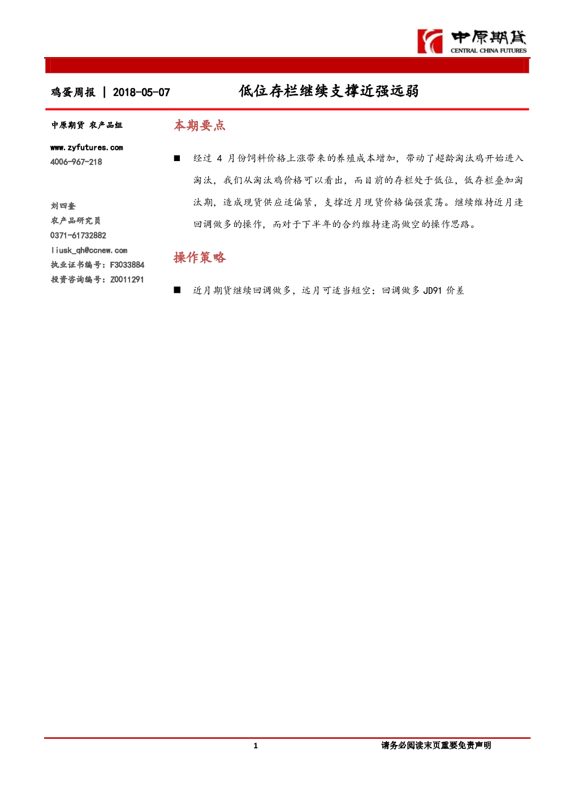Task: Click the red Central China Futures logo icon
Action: pyautogui.click(x=430, y=41)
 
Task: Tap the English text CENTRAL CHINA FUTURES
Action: pyautogui.click(x=489, y=51)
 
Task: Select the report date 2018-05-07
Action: pyautogui.click(x=141, y=92)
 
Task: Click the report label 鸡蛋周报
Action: pyautogui.click(x=73, y=92)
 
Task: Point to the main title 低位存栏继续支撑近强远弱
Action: pyautogui.click(x=329, y=91)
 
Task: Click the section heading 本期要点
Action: pyautogui.click(x=200, y=125)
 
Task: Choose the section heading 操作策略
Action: pyautogui.click(x=200, y=257)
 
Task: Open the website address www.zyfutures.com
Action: pyautogui.click(x=87, y=148)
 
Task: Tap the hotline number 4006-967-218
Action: pyautogui.click(x=76, y=162)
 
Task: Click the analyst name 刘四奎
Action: pyautogui.click(x=63, y=206)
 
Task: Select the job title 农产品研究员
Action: pyautogui.click(x=75, y=220)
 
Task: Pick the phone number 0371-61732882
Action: pyautogui.click(x=78, y=236)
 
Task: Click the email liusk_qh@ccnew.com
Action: pyautogui.click(x=89, y=250)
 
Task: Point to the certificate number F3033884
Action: pyautogui.click(x=127, y=265)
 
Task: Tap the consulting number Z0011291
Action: pyautogui.click(x=127, y=280)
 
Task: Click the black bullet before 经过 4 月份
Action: pyautogui.click(x=177, y=158)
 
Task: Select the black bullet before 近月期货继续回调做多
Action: pyautogui.click(x=177, y=291)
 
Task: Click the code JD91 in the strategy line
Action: pyautogui.click(x=433, y=291)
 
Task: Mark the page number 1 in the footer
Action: pyautogui.click(x=256, y=746)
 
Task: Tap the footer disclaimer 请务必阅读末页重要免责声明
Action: pyautogui.click(x=436, y=746)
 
